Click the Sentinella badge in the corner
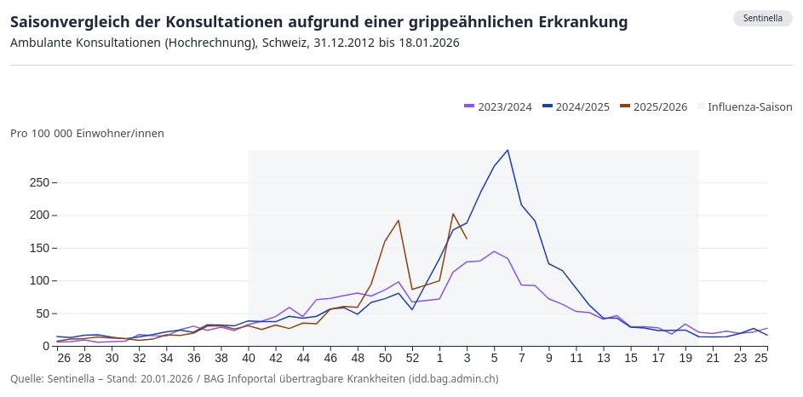click(x=762, y=19)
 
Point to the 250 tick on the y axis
click(x=38, y=182)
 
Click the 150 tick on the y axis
click(x=38, y=248)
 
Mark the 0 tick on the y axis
click(x=47, y=346)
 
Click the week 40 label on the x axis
click(x=249, y=358)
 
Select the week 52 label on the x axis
click(x=412, y=358)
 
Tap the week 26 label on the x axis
click(x=64, y=358)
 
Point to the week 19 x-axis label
click(x=685, y=358)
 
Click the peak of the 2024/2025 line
click(x=508, y=150)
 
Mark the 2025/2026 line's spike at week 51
click(x=399, y=221)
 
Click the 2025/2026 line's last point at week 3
click(x=467, y=239)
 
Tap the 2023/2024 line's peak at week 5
click(x=494, y=251)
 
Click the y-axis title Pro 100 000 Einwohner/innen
click(x=87, y=134)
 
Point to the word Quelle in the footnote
click(x=26, y=379)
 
